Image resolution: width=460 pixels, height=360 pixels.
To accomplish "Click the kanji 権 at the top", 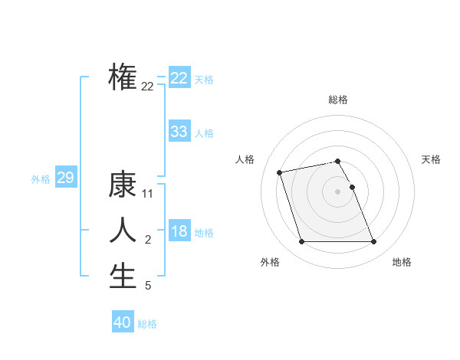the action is click(123, 77).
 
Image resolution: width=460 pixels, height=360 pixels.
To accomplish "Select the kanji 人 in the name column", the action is click(123, 231).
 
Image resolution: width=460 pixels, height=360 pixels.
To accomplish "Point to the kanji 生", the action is click(123, 276).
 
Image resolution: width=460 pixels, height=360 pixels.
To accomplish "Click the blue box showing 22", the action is click(179, 78).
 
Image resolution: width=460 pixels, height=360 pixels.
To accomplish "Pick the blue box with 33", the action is click(179, 132).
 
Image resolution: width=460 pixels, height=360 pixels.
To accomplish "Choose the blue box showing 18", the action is click(179, 231).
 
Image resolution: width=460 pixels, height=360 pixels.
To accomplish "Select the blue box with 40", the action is click(123, 322).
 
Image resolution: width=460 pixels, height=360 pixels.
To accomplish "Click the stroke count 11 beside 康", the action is click(148, 194).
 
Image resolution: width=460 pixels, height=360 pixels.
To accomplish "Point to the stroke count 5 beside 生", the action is click(148, 286).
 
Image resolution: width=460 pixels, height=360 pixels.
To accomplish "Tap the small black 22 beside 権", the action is click(148, 87).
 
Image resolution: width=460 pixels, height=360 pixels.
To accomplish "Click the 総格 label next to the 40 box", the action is click(147, 324).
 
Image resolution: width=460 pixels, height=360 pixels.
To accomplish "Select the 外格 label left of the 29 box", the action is click(41, 179).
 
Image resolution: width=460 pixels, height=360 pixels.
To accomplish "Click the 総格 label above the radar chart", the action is click(338, 100).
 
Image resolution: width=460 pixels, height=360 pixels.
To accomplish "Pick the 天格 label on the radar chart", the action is click(431, 159).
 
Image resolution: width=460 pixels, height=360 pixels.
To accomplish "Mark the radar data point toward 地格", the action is click(373, 242).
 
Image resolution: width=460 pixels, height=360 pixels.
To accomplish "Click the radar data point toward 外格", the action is click(301, 242).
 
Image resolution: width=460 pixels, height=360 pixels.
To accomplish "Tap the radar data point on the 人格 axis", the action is click(280, 172).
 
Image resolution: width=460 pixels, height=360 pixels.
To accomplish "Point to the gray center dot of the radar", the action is click(338, 191).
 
